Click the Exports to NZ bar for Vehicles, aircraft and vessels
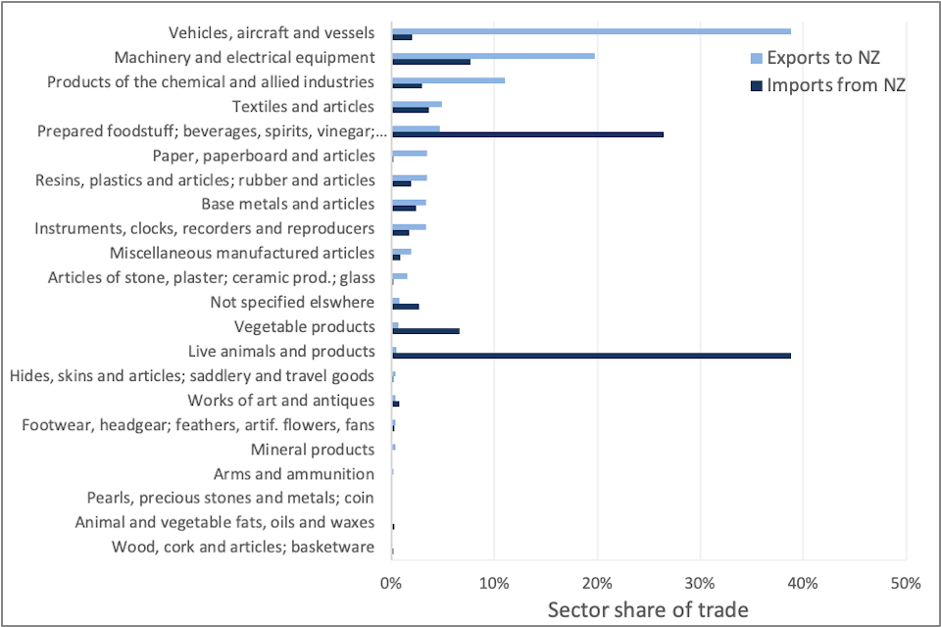(591, 30)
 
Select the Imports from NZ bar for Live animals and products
(591, 355)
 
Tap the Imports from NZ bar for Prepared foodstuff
(527, 134)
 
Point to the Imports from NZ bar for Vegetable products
(425, 330)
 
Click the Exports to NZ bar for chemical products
(448, 79)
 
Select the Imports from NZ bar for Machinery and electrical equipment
(431, 61)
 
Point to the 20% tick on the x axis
(597, 584)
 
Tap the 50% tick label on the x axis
(906, 584)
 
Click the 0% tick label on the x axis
(391, 584)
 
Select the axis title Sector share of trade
(648, 609)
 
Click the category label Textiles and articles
(303, 106)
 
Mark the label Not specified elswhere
(292, 302)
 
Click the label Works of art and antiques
(280, 400)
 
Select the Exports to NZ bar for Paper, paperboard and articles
(409, 153)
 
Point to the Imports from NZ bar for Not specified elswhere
(405, 306)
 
